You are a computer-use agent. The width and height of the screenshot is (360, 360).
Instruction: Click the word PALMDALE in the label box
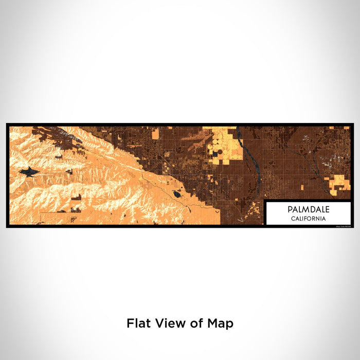[309, 210]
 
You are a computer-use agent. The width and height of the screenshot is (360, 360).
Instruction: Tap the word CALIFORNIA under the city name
[309, 219]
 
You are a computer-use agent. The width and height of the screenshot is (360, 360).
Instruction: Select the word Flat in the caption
[138, 323]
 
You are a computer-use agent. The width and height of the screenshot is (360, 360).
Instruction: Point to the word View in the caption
[167, 323]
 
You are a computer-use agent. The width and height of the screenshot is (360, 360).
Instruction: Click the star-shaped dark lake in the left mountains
[29, 172]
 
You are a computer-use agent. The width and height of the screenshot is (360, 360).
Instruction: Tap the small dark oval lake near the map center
[177, 194]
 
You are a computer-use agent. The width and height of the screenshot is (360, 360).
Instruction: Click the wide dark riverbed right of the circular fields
[252, 159]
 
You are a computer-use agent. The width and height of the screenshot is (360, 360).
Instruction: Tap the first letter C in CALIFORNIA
[293, 219]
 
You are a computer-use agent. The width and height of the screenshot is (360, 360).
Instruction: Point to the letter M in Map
[216, 323]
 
